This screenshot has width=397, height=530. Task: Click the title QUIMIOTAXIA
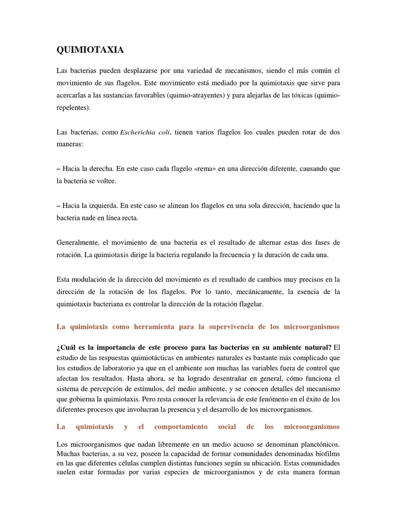[90, 50]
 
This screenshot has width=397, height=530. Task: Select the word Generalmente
[78, 242]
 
